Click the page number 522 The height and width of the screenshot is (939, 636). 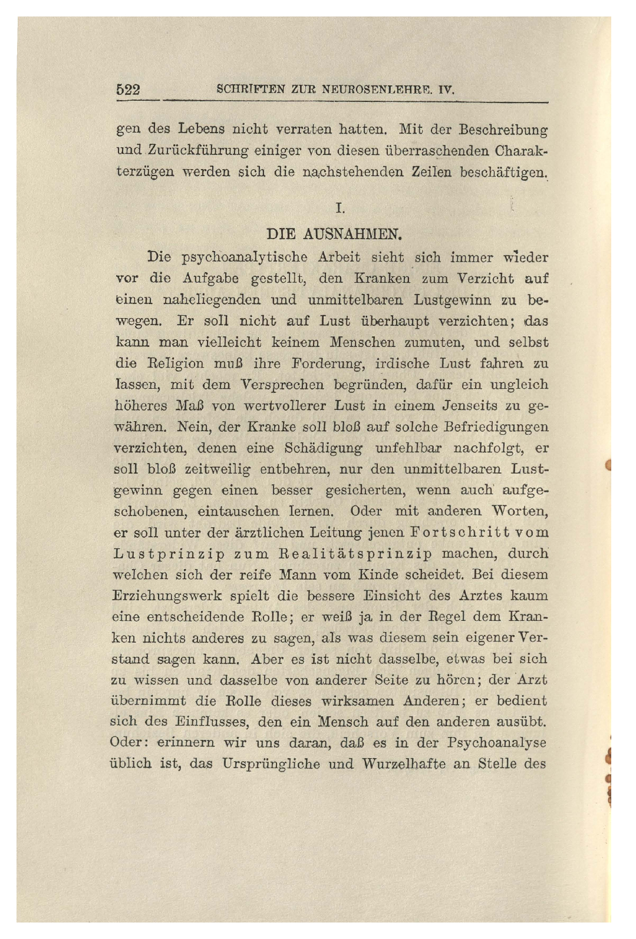pos(128,90)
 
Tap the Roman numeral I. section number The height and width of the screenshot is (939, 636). pos(339,208)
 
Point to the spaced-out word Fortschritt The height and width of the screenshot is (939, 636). pos(441,533)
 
